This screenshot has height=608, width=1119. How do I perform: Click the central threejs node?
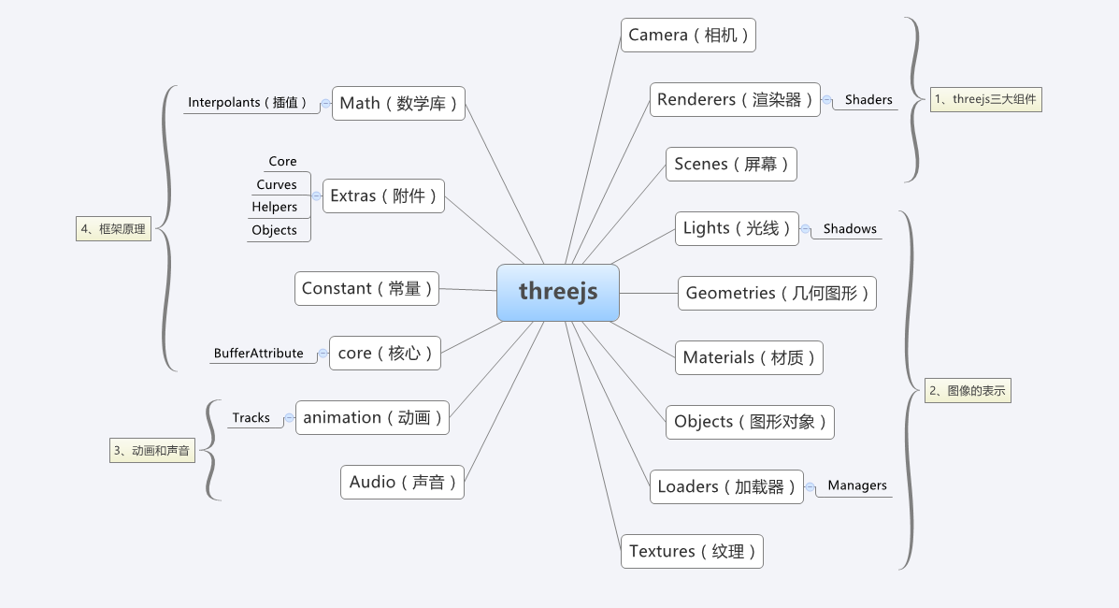point(557,292)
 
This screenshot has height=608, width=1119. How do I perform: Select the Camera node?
point(688,36)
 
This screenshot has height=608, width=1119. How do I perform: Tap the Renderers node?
point(735,100)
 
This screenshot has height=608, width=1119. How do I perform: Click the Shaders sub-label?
point(868,99)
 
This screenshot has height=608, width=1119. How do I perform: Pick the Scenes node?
point(731,165)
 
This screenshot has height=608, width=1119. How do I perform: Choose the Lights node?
point(737,228)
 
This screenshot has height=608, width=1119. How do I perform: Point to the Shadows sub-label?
point(850,228)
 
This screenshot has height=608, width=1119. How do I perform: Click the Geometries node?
point(777,293)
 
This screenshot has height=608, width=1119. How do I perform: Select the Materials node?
point(749,357)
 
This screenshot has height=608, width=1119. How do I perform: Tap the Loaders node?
point(726,486)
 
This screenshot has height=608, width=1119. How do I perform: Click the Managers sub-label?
point(856,485)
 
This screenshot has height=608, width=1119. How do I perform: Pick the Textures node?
point(692,551)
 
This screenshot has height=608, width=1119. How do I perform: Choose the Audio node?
point(402,483)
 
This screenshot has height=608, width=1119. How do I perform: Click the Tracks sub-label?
point(251,418)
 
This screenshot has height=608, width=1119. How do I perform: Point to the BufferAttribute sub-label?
point(258,354)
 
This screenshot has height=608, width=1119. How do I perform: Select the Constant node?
point(366,289)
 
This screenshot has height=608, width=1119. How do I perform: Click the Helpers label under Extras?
point(274,208)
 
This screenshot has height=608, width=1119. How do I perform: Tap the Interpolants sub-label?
point(248,103)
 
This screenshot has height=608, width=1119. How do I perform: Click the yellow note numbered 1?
point(985,99)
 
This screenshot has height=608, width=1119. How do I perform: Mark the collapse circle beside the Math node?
point(325,103)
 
